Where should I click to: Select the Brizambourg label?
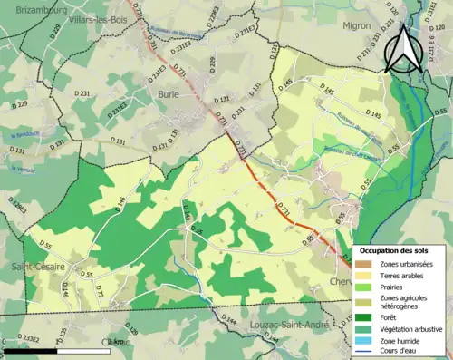pos(35,9)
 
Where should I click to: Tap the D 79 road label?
pos(101,290)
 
